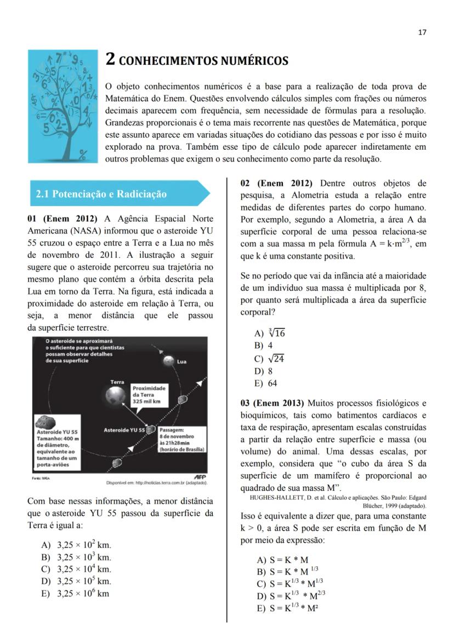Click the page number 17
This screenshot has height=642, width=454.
click(x=422, y=32)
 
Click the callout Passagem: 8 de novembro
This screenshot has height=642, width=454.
click(x=181, y=439)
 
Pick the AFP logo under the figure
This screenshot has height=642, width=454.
click(x=201, y=476)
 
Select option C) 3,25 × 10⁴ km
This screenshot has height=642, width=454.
click(x=77, y=569)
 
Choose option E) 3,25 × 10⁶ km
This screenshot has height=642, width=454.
click(x=76, y=593)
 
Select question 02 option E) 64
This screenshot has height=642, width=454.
click(x=265, y=383)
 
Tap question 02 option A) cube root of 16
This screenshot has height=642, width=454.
click(x=269, y=333)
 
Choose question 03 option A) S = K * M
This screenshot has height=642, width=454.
click(x=282, y=560)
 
